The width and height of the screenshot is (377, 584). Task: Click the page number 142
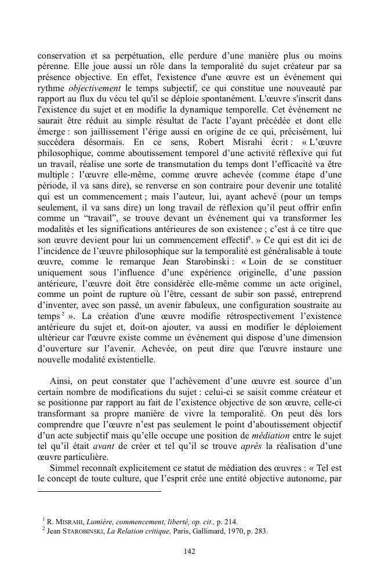[x=188, y=552]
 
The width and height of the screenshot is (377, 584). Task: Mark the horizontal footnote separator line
[x=99, y=491]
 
